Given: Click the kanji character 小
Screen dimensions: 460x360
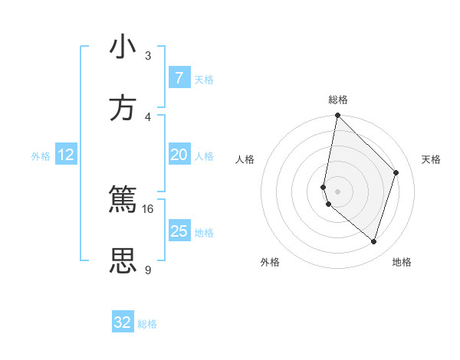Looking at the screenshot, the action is [x=123, y=47].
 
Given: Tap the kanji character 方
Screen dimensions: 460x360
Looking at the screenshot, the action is [x=123, y=108].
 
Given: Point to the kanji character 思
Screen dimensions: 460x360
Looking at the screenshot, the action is [x=123, y=260].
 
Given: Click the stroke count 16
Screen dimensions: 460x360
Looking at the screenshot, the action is [x=147, y=208].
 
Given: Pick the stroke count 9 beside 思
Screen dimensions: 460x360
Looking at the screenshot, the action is [x=147, y=270].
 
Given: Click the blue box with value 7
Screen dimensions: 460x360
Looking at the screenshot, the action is [x=179, y=78].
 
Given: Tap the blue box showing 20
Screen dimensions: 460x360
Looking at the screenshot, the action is [x=179, y=155].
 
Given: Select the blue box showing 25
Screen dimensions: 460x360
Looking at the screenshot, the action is [x=179, y=231].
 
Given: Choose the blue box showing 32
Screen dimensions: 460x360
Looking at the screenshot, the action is [x=123, y=322].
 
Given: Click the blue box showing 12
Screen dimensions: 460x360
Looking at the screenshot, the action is [x=66, y=155].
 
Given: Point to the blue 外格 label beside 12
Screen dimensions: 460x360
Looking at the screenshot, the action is [x=41, y=156].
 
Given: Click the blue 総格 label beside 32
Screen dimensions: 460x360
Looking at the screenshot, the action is [x=147, y=324].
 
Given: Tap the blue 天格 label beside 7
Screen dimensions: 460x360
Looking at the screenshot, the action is [x=204, y=80].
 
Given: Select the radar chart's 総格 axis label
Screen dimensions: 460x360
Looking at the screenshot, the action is [x=338, y=100].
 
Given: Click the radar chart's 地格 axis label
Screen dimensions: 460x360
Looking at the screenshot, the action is [x=402, y=262].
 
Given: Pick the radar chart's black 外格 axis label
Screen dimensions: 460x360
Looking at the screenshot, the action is [x=270, y=262].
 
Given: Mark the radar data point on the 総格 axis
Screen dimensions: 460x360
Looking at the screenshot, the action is [x=337, y=116].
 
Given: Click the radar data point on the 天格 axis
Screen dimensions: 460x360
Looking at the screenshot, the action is [x=396, y=172].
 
